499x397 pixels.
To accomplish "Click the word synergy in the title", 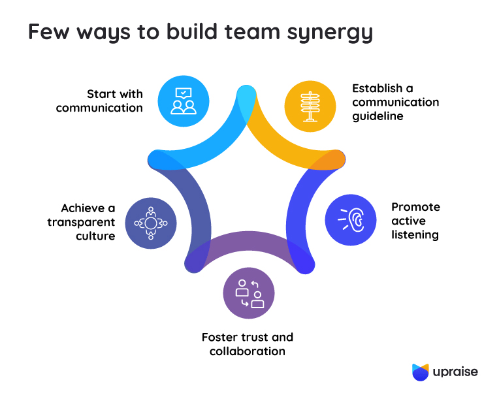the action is coord(330,33).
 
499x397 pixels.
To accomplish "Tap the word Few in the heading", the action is coord(49,31).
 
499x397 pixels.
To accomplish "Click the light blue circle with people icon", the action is coord(184,101).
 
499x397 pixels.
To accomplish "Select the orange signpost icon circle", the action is coord(310,106).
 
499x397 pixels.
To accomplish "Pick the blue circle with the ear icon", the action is coord(351,220).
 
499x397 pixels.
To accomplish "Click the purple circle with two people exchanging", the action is coord(249,293).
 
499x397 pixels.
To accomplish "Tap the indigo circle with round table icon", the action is coord(151,223).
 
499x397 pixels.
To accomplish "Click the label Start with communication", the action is coord(99,101).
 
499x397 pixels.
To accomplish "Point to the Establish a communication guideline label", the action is coord(396,102).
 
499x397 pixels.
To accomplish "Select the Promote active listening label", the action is coord(415,221).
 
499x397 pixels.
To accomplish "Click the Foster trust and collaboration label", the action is coord(248,344).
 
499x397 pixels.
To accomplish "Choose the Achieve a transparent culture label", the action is coord(81,222).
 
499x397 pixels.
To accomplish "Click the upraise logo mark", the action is coord(421,372).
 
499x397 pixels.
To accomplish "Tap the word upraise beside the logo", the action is coord(455,372).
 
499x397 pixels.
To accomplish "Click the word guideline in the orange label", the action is coord(378,116).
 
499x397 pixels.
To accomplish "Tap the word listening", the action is coord(415,235).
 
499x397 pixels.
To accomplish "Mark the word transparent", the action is coord(81,223).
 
